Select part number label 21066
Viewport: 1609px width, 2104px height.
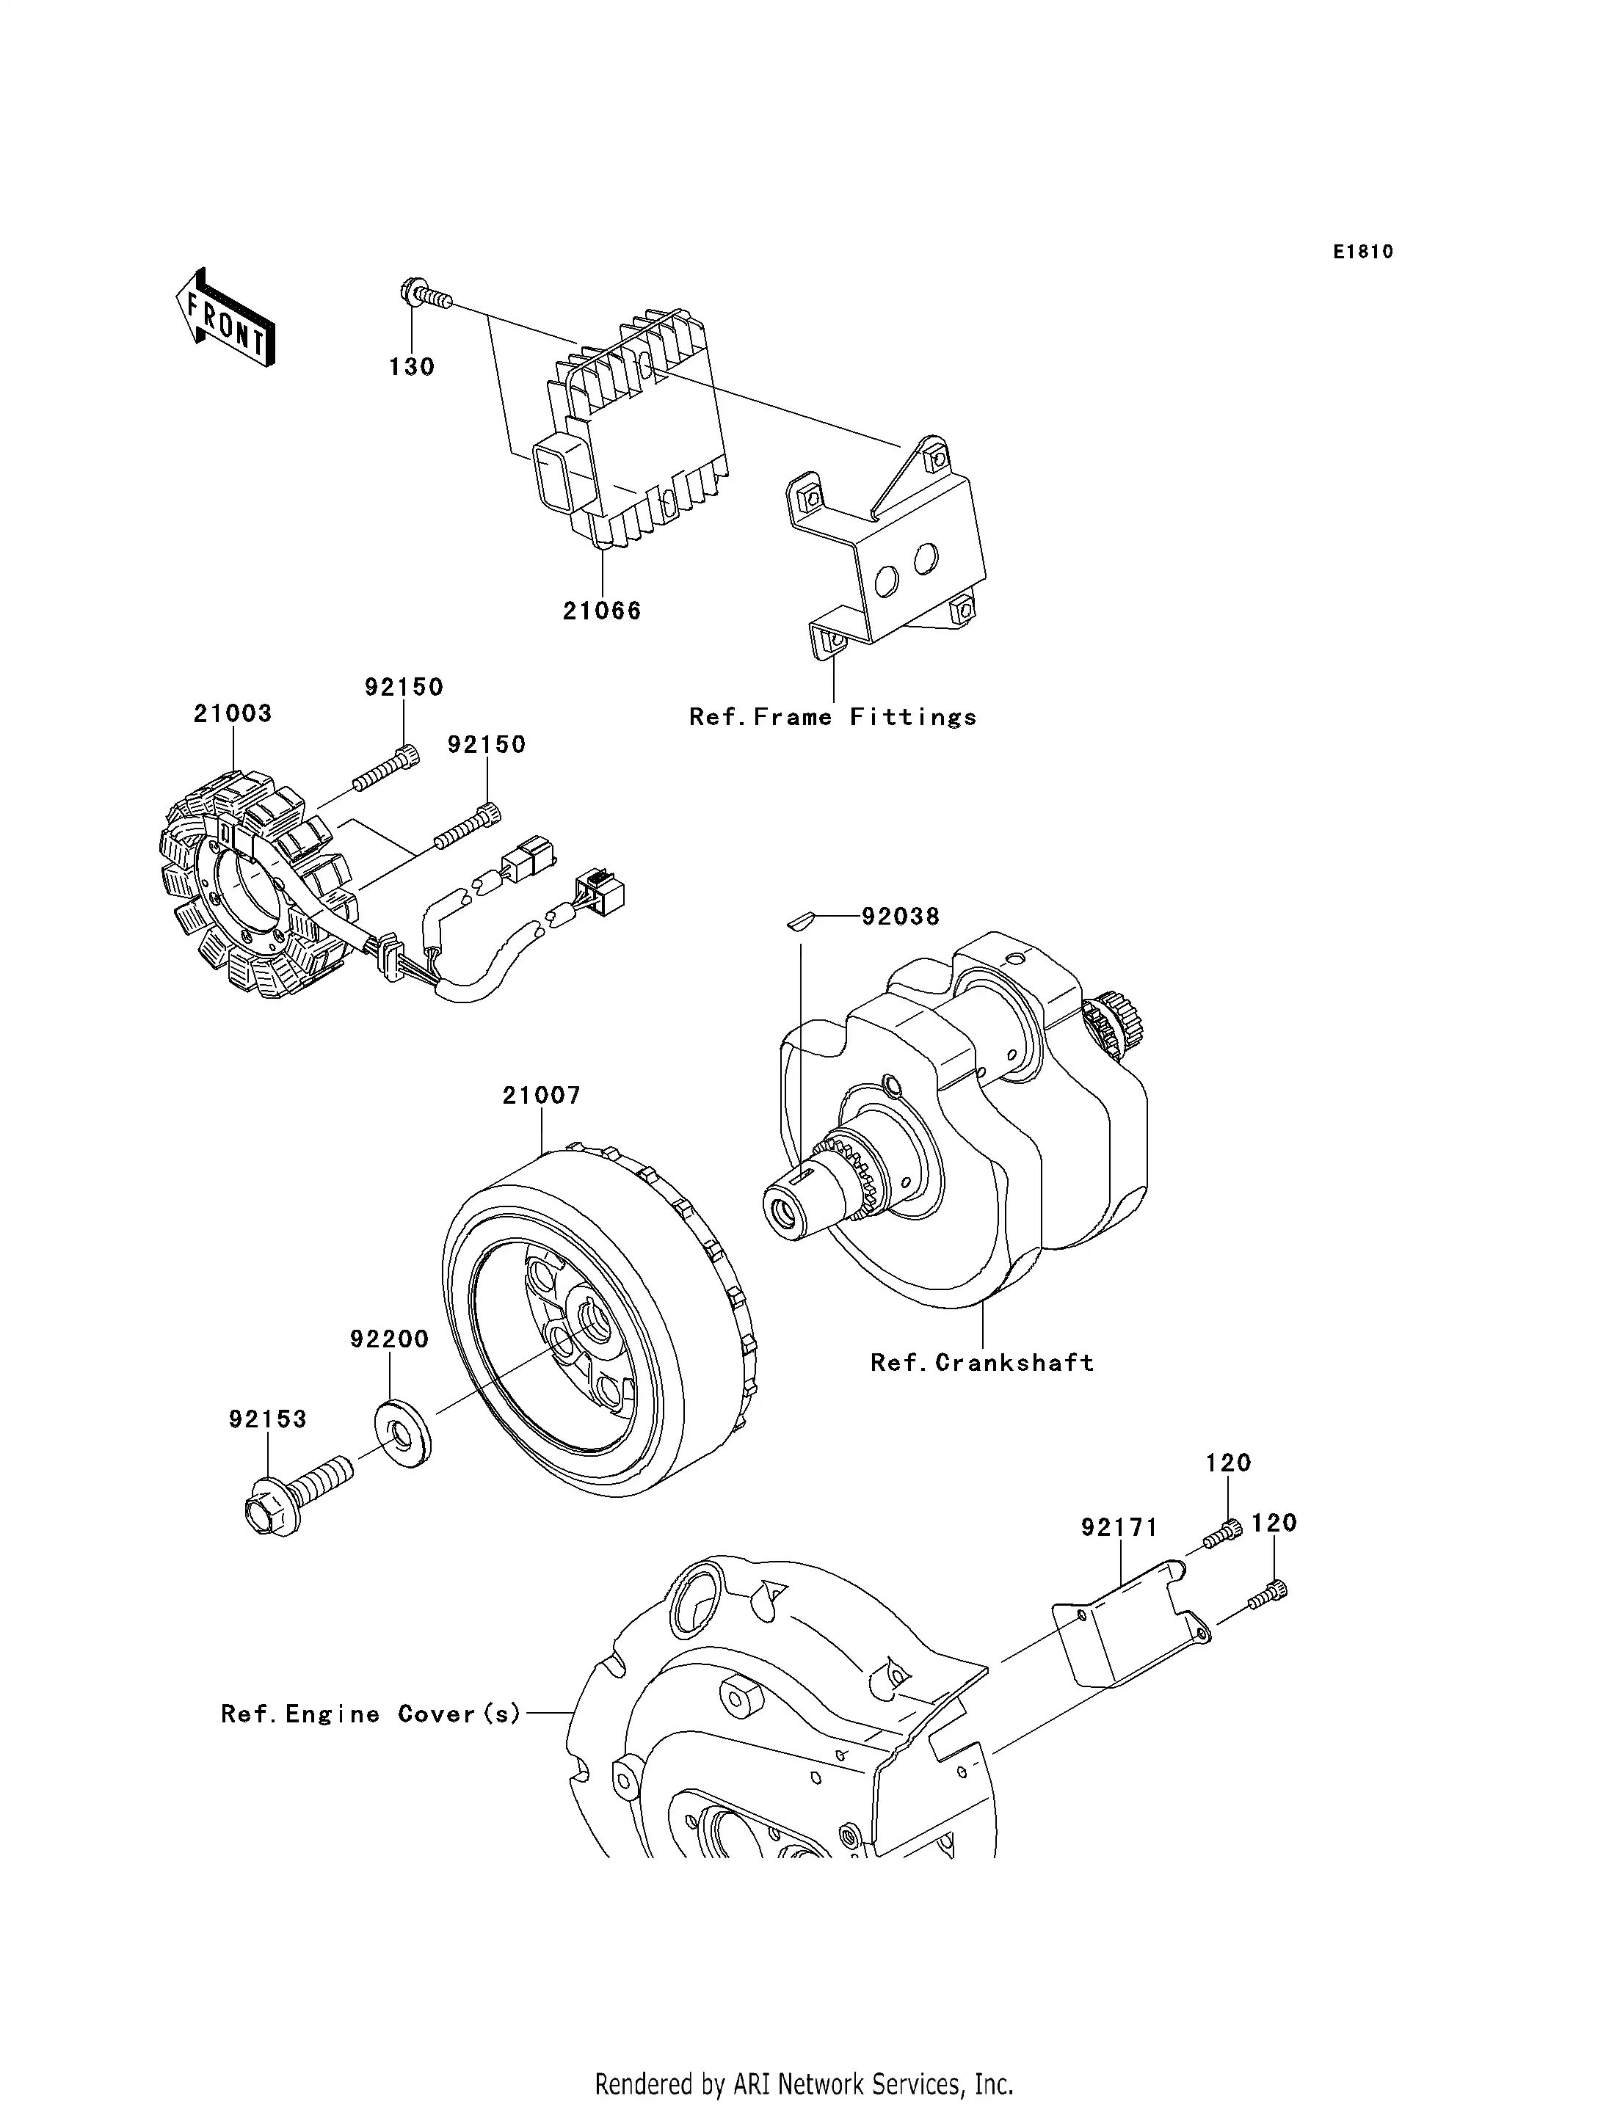[601, 611]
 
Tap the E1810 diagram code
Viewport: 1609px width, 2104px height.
[1363, 252]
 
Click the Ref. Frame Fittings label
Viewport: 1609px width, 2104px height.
[832, 717]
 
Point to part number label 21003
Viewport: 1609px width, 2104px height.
[233, 713]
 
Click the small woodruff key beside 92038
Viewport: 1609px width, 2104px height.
[799, 921]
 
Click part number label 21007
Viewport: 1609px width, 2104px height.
[541, 1095]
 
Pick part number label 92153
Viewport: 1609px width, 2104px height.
[267, 1419]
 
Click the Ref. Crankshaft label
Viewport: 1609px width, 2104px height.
[981, 1363]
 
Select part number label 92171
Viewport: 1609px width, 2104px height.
[1119, 1527]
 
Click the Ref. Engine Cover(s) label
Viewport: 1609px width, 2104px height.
[371, 1714]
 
